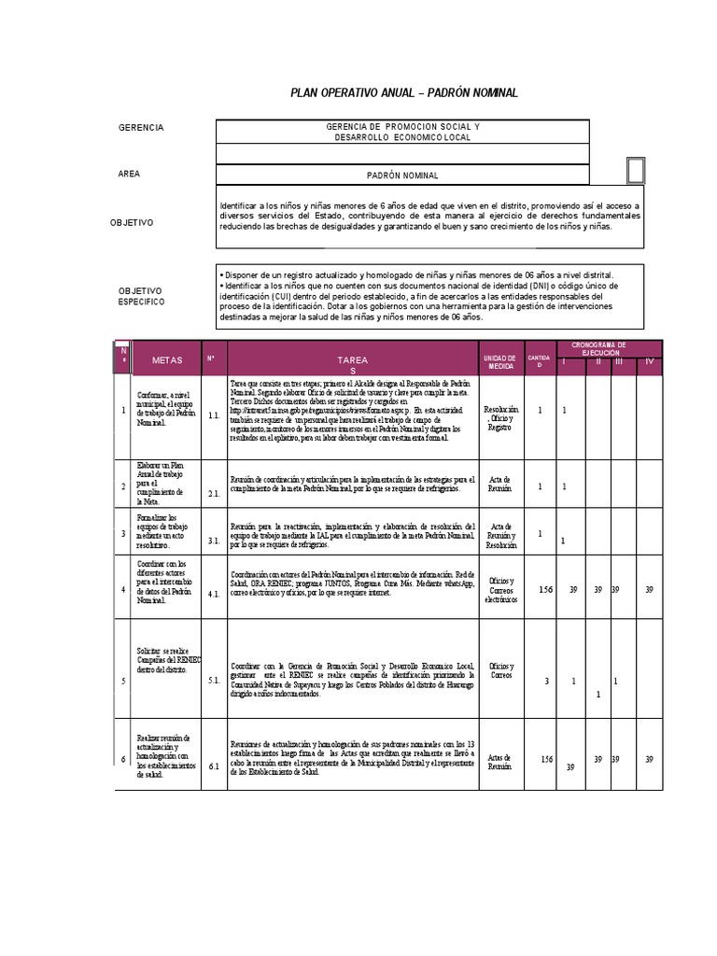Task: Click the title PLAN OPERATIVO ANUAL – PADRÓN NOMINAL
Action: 404,92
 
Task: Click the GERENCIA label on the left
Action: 141,127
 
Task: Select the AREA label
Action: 129,174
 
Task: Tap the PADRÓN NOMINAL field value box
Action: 402,175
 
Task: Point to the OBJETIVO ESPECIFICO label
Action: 140,296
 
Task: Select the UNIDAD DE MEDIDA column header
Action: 499,359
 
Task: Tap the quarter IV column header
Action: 649,362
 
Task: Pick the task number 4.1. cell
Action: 213,592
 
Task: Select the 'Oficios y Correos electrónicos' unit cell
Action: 500,589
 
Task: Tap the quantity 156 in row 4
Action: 546,588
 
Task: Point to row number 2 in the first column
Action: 123,487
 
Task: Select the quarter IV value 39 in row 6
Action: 649,760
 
